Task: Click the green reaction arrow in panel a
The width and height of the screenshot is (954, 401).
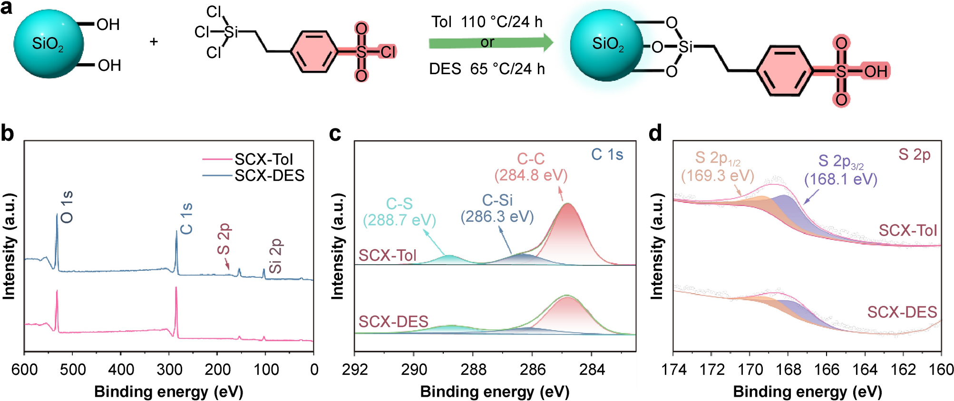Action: tap(490, 43)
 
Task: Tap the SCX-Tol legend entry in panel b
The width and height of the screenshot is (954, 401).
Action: tap(263, 159)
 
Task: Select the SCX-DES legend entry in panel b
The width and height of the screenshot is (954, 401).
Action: tap(269, 176)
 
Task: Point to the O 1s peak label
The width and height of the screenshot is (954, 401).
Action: tap(67, 207)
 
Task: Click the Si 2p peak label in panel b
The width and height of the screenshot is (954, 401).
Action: tap(276, 256)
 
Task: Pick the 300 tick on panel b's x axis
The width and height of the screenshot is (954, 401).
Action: tap(169, 369)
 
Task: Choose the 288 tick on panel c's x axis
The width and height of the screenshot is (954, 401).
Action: tap(473, 369)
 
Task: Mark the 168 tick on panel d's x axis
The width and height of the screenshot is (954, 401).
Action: tap(789, 369)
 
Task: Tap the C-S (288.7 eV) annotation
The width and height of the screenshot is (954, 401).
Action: tap(399, 212)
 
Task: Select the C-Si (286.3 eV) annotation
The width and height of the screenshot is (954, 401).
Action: tap(497, 209)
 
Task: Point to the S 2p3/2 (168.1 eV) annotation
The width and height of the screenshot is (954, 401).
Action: tap(841, 171)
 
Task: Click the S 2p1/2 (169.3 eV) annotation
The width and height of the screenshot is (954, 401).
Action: tap(718, 167)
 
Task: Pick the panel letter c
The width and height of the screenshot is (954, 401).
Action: tap(335, 134)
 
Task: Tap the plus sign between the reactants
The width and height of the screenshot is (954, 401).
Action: tap(154, 42)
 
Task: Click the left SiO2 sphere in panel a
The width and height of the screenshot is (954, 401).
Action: tap(49, 44)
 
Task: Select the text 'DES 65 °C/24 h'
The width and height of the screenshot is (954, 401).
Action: tap(487, 69)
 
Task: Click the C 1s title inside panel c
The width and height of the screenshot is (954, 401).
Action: tap(607, 154)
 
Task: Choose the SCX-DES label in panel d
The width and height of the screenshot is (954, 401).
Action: tap(902, 312)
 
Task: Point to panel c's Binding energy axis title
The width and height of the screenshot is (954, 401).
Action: tap(495, 392)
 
